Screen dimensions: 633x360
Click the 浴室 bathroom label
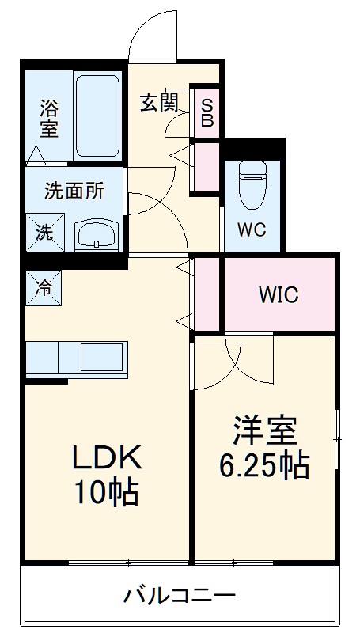(49, 117)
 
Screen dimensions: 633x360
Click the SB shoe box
(206, 112)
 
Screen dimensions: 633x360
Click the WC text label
(252, 230)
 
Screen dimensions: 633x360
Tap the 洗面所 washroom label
(73, 191)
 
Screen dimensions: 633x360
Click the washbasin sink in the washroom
(97, 234)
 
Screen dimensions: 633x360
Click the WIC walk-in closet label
(278, 295)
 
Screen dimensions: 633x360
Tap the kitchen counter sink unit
(75, 358)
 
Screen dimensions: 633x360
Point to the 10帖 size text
(107, 492)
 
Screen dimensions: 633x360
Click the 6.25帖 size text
(263, 466)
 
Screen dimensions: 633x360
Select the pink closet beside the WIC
(206, 293)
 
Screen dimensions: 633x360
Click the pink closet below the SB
(206, 166)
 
